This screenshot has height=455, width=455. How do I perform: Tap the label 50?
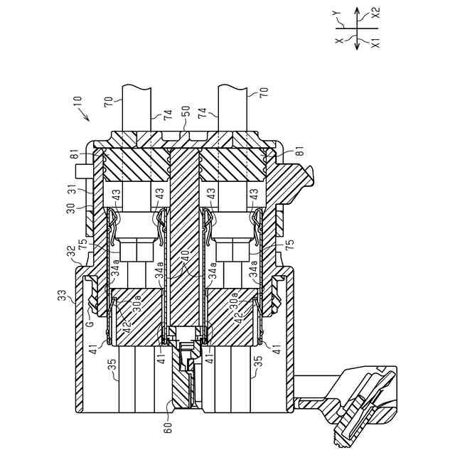(x=186, y=113)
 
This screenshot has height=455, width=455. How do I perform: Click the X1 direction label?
(x=375, y=43)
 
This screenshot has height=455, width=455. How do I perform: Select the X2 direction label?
(x=375, y=12)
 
